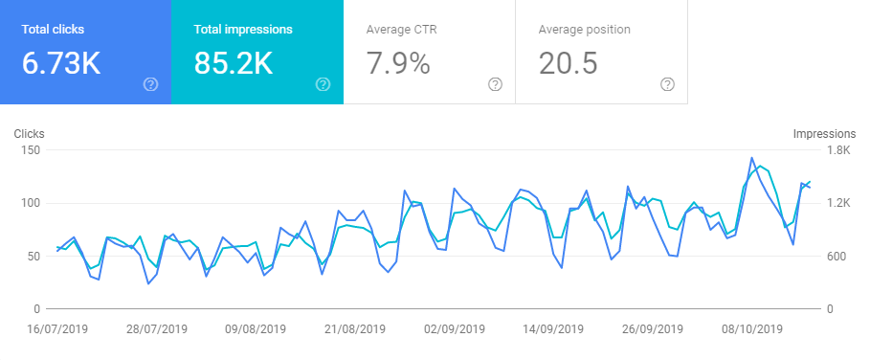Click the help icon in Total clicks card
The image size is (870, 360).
150,84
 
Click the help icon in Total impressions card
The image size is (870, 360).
323,84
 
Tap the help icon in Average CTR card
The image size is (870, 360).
495,84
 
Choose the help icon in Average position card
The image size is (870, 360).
667,84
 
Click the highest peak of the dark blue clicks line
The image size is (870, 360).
751,158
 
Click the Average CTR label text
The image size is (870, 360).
401,29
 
